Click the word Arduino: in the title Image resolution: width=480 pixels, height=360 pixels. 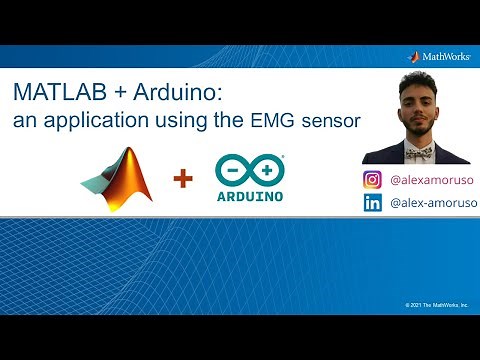coord(177,93)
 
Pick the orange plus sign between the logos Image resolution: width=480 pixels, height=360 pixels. coord(182,179)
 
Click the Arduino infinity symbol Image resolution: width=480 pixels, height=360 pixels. coord(250,168)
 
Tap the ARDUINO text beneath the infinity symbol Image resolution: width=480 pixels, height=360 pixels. coord(250,195)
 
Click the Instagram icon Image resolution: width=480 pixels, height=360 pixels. coord(373,180)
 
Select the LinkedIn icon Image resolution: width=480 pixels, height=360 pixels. coord(373,203)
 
